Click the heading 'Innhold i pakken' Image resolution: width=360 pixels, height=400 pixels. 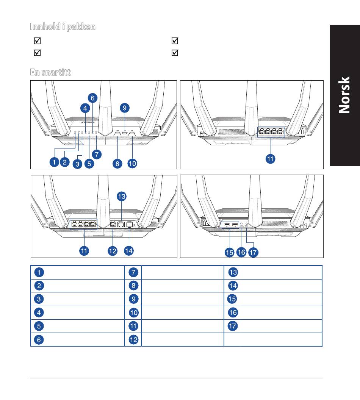tap(63, 27)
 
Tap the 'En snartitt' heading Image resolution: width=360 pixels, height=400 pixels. tap(50, 72)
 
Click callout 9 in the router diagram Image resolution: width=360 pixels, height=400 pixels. tap(125, 108)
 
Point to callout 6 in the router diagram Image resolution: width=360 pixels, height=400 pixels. tap(92, 98)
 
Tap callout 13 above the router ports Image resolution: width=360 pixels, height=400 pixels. tap(121, 196)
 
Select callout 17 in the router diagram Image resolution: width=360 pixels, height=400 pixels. tap(253, 253)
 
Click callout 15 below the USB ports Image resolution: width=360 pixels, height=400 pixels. tap(229, 253)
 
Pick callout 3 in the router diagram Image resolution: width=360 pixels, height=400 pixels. tap(77, 164)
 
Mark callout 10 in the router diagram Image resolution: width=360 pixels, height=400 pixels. tap(132, 164)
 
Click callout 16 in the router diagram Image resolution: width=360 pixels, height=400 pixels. tap(241, 253)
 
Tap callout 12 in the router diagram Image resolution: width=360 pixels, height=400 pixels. tap(113, 251)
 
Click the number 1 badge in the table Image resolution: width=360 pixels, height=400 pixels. tap(39, 272)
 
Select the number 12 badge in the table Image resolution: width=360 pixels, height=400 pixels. tap(133, 340)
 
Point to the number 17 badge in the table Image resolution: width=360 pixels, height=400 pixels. tap(233, 326)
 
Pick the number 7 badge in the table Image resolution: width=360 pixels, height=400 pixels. tap(133, 272)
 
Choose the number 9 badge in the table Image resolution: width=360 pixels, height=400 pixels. tap(133, 299)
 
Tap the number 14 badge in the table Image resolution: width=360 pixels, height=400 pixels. tap(233, 286)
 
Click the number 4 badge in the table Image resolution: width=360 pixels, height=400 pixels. tap(39, 313)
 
